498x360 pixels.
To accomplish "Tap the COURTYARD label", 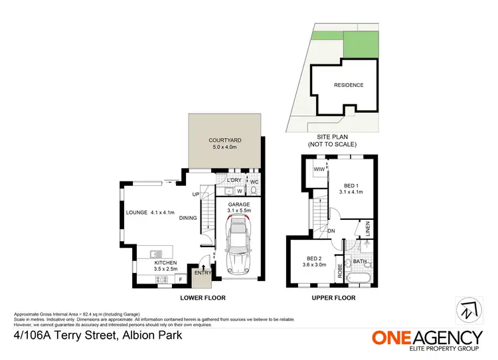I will [224, 140].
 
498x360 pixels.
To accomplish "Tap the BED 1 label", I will [353, 187].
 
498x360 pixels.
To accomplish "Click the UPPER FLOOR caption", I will [333, 298].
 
